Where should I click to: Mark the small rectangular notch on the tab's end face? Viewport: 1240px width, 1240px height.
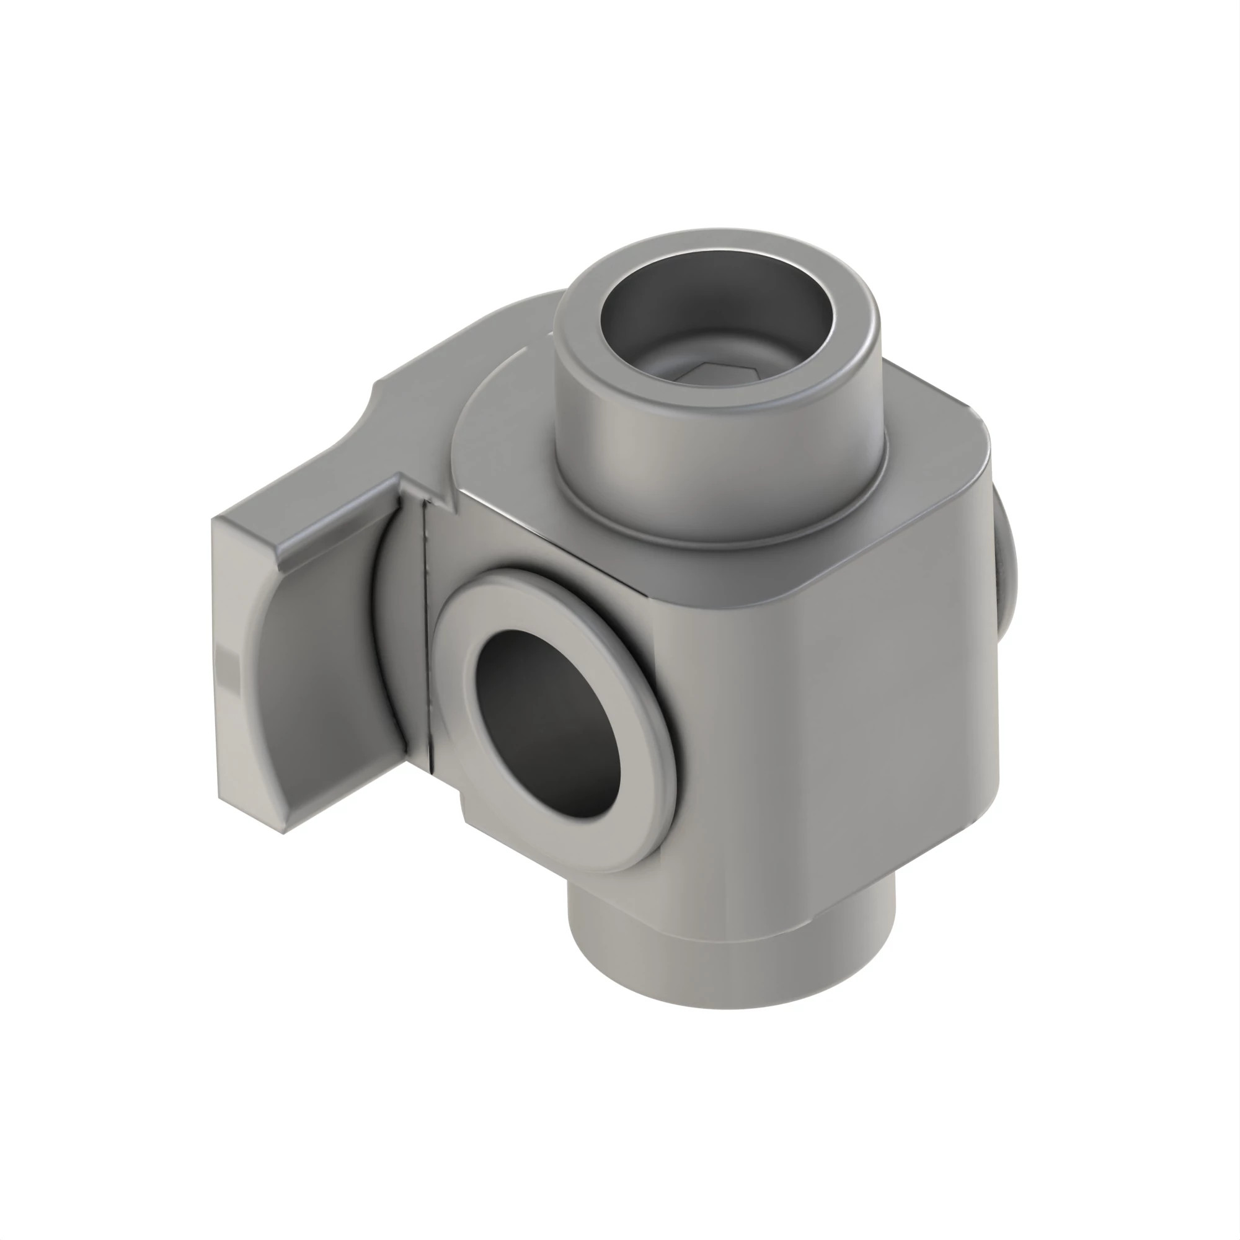click(227, 668)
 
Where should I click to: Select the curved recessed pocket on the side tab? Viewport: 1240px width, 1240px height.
click(321, 674)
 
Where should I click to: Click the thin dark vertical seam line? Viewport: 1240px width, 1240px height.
click(426, 629)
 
